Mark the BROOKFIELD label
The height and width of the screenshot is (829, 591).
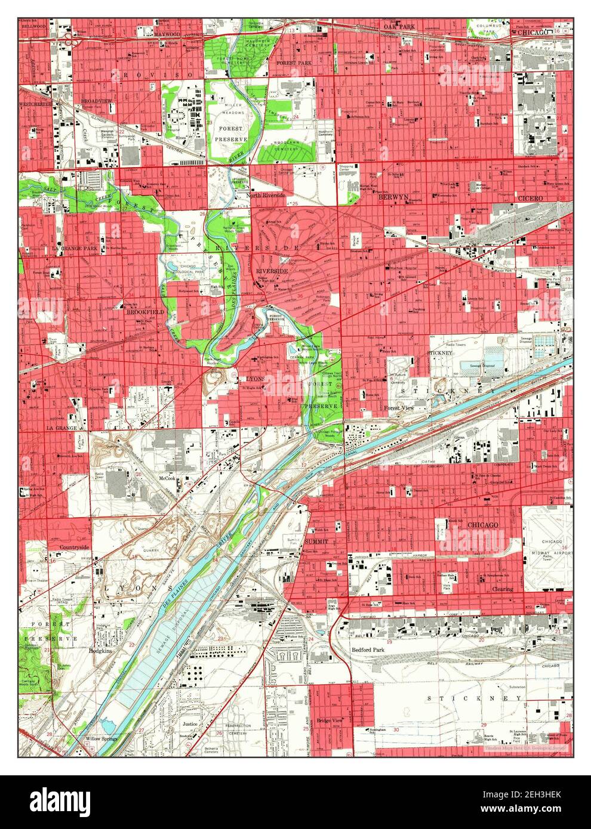click(141, 311)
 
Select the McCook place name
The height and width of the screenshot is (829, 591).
click(167, 478)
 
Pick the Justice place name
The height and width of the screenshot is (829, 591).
click(190, 723)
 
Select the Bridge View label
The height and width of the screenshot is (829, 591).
click(330, 721)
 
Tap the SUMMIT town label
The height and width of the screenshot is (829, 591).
click(316, 541)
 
